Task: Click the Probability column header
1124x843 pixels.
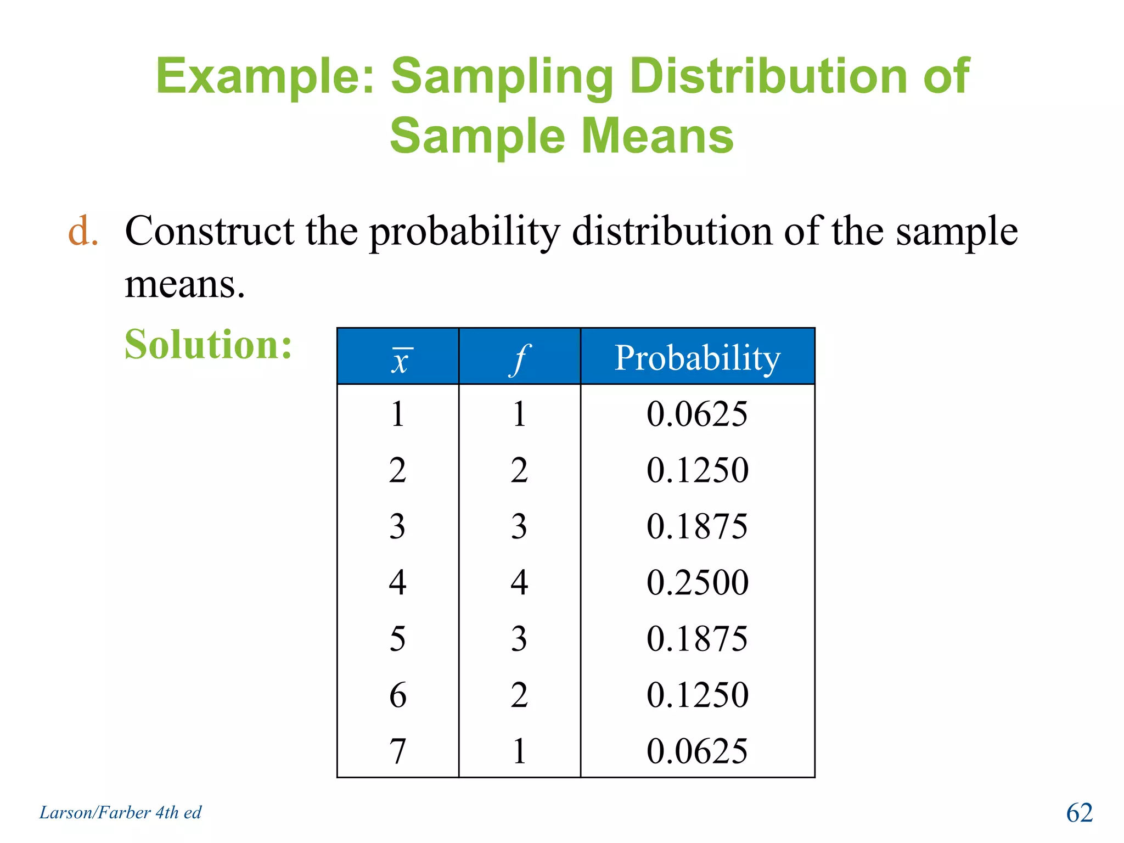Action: (697, 358)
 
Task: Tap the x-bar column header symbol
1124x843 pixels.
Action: (400, 360)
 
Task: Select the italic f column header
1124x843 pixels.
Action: (519, 359)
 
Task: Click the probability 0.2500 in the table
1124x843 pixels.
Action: (697, 582)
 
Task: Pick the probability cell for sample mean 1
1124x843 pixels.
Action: (697, 414)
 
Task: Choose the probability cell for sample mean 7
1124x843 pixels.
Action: (697, 751)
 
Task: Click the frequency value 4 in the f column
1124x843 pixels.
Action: (519, 582)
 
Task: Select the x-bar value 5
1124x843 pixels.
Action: (398, 639)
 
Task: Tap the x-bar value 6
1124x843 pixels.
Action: (398, 695)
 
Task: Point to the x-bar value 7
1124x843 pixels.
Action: (398, 751)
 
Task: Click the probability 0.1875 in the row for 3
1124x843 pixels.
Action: (697, 526)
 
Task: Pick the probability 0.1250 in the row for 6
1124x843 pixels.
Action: (697, 695)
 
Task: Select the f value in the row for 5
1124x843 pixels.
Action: (519, 639)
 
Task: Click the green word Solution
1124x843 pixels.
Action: (208, 345)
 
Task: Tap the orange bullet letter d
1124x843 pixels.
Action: (82, 231)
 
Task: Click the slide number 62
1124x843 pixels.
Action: (1079, 813)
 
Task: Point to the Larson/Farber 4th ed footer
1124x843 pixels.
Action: (120, 812)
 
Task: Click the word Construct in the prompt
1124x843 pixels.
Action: (210, 231)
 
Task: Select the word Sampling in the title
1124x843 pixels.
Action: (502, 77)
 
